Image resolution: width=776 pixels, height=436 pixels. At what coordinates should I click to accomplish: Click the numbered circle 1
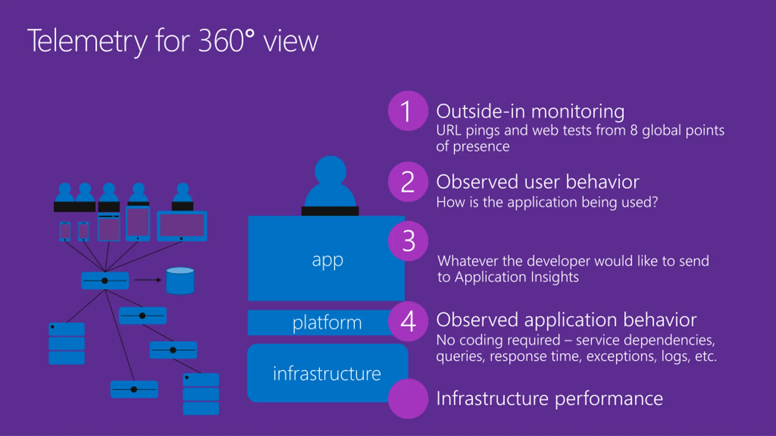coord(408,111)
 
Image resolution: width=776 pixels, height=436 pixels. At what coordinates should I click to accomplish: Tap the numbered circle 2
coord(408,182)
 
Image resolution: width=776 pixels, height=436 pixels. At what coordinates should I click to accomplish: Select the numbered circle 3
coord(408,241)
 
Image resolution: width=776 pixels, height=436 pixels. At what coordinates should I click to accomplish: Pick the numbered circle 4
coord(408,321)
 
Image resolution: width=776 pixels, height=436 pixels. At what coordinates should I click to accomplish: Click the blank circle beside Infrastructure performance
coord(408,398)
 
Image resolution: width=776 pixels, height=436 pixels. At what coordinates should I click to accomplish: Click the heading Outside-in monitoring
coord(530,111)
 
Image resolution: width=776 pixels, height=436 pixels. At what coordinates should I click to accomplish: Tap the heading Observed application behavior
coord(567,320)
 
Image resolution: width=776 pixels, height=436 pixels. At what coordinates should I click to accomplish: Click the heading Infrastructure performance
coord(550,398)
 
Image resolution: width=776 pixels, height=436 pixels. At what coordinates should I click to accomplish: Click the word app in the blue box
coord(327,260)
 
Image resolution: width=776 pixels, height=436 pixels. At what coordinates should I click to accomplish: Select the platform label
coord(327,323)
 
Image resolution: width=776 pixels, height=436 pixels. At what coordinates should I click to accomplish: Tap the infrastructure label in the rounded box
coord(327,374)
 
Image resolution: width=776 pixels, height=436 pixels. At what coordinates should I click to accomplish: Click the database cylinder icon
coord(180,281)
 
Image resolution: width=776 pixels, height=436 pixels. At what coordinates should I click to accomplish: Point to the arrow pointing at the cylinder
coord(148,280)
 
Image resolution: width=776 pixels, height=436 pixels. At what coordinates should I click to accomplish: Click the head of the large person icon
coord(330,171)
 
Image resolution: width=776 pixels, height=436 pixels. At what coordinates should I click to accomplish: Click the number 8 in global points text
coord(634,130)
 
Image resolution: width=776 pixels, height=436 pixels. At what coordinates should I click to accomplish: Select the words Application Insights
coord(517,277)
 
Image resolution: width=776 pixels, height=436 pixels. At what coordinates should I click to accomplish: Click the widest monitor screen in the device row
coord(182,225)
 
